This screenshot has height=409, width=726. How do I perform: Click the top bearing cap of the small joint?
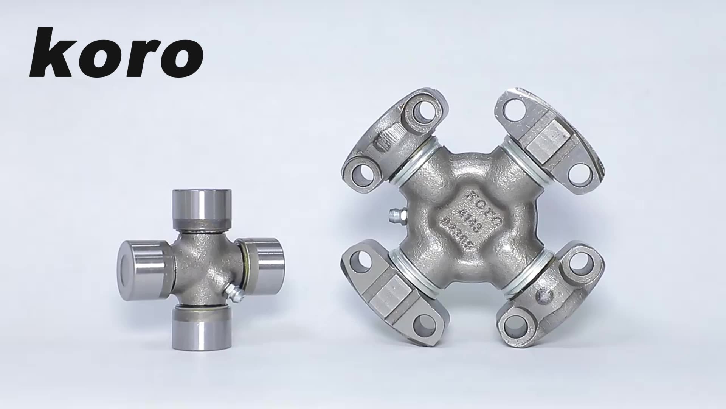click(202, 208)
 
